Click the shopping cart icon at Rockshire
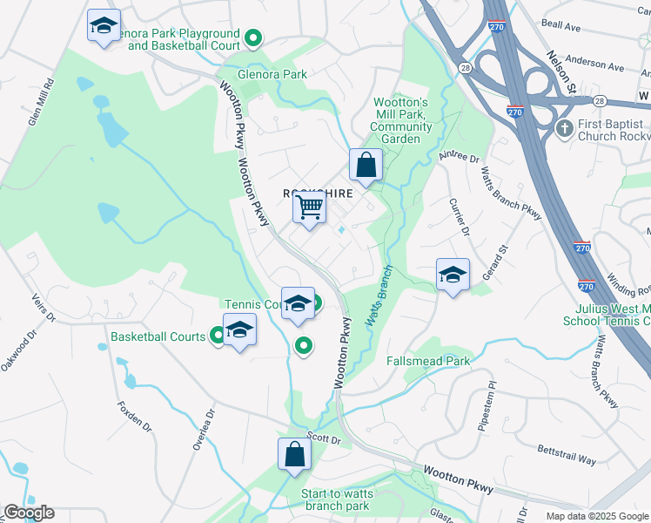[308, 207]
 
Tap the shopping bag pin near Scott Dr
[294, 454]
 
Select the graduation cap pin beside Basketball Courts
[239, 330]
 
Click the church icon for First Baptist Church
[565, 128]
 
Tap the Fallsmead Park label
[428, 360]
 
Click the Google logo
[29, 513]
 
